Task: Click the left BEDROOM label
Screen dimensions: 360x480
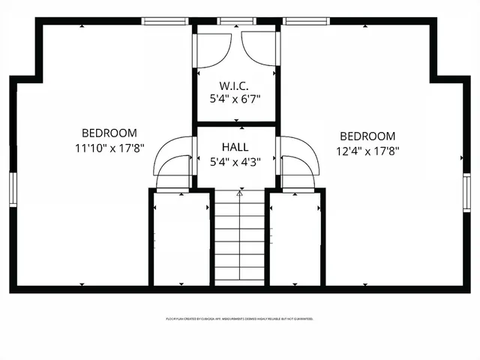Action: pyautogui.click(x=109, y=133)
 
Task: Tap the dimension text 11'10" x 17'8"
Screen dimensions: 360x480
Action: pyautogui.click(x=109, y=148)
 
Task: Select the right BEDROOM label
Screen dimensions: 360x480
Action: pyautogui.click(x=367, y=136)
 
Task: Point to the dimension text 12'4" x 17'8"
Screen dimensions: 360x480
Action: pyautogui.click(x=367, y=151)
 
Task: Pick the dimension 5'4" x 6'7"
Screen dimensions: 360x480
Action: pyautogui.click(x=235, y=98)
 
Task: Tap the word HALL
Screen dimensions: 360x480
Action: pyautogui.click(x=235, y=147)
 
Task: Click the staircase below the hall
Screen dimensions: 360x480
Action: pyautogui.click(x=240, y=240)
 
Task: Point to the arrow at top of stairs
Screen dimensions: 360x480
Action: pyautogui.click(x=240, y=193)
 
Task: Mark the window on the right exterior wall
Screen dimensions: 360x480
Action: pyautogui.click(x=466, y=191)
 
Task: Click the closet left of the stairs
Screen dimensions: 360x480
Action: pyautogui.click(x=181, y=238)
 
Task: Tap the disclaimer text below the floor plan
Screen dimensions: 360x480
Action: pyautogui.click(x=239, y=319)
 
